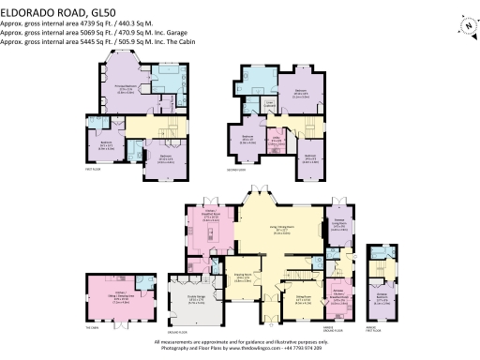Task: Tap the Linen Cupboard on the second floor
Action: pos(268,105)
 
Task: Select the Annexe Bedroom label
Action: pos(382,302)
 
